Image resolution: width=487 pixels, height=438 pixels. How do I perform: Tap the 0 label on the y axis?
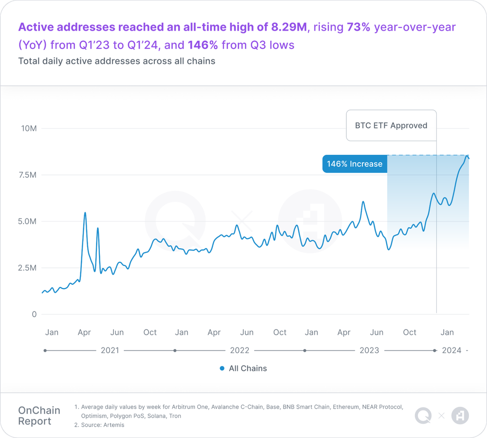tap(34, 314)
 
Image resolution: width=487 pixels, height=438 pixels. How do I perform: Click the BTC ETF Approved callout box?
tap(391, 126)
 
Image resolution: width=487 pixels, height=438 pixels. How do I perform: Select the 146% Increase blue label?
tap(355, 164)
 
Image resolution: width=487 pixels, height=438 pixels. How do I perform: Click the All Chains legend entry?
tap(243, 368)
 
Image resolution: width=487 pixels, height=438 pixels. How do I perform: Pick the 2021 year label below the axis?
tap(110, 350)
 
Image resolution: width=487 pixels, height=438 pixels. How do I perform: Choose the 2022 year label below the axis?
tap(240, 350)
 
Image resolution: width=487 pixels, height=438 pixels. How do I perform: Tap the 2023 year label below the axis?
tap(369, 350)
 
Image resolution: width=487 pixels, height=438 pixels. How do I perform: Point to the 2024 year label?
tap(451, 350)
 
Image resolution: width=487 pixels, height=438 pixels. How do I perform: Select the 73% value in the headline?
tap(359, 27)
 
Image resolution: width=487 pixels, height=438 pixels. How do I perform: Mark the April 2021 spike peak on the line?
tap(85, 213)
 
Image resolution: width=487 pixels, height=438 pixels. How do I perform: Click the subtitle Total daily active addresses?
tap(117, 61)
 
